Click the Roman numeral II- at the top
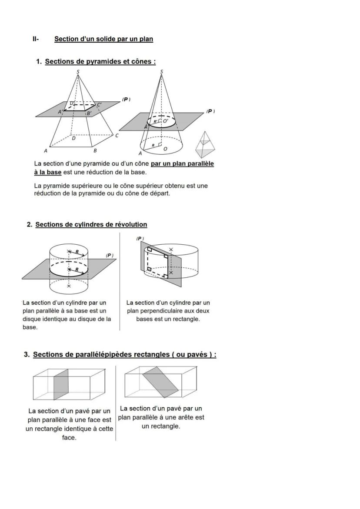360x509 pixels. click(x=36, y=39)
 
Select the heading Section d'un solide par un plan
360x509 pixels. click(x=103, y=39)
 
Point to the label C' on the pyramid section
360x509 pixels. click(x=99, y=104)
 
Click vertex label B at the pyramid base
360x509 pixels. click(x=95, y=150)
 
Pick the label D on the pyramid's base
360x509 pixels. click(x=73, y=139)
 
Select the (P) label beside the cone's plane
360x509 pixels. click(x=210, y=111)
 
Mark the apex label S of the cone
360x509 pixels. click(x=162, y=71)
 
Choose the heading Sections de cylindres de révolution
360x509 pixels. click(x=91, y=225)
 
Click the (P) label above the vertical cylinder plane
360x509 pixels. click(x=140, y=238)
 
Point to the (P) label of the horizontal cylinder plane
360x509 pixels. click(x=110, y=255)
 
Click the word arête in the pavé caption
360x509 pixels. click(x=187, y=417)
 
